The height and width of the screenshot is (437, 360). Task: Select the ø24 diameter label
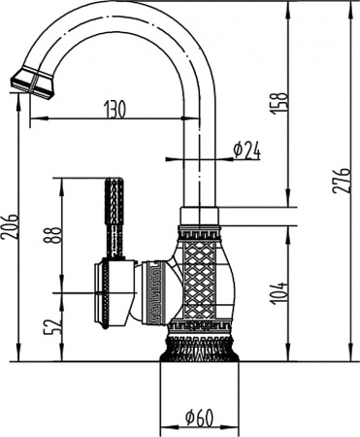[247, 150]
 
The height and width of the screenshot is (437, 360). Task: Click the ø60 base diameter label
[199, 419]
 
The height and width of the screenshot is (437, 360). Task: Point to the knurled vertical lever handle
[114, 218]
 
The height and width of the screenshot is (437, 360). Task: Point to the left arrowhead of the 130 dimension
[32, 119]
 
